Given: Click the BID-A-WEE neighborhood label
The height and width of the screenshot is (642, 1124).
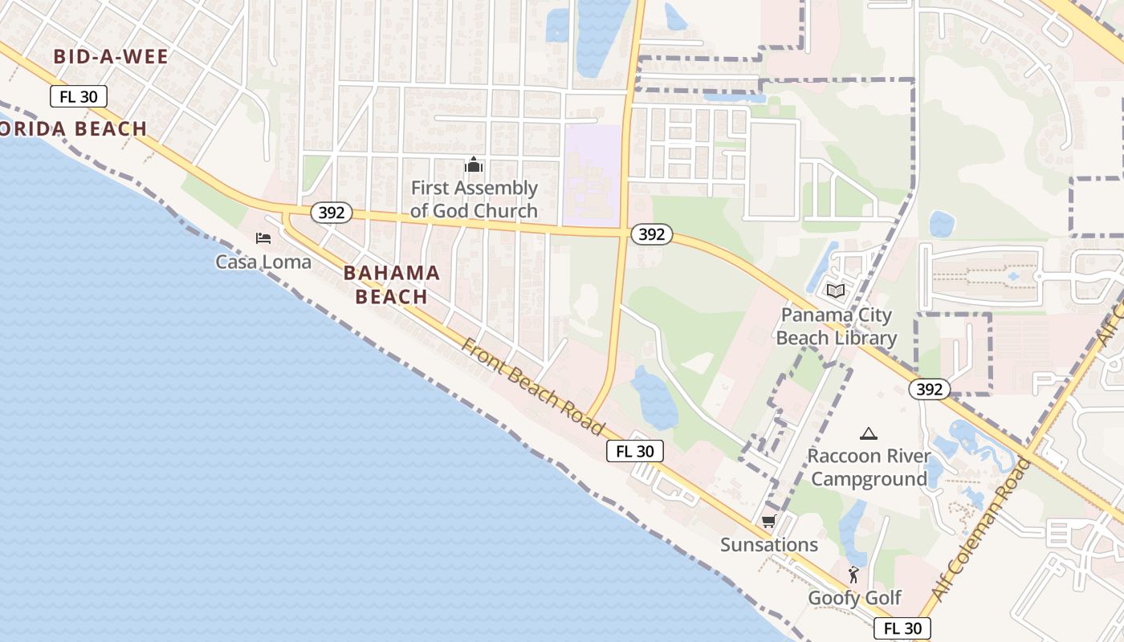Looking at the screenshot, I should coord(111,56).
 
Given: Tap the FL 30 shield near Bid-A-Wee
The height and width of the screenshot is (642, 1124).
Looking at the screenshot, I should coord(79,97).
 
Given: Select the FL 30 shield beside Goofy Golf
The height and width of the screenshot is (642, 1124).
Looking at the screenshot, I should coord(902,628).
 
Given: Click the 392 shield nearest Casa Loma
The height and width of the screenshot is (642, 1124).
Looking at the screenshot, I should coord(332,213).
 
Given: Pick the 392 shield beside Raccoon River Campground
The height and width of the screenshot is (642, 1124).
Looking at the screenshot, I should coord(930,389).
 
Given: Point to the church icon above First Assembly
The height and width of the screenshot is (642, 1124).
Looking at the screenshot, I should coord(474,165).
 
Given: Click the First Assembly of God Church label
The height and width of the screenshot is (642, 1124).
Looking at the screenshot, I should coord(474,199).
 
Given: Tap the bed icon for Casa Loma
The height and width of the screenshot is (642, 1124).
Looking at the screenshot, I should coord(263,238).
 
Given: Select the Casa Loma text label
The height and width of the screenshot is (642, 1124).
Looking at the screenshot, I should coord(263,262).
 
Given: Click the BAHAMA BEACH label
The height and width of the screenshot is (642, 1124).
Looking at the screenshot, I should coord(392,285).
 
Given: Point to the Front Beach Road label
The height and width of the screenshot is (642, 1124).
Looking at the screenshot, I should coord(532,387).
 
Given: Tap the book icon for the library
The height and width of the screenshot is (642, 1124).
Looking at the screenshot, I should coord(836,291).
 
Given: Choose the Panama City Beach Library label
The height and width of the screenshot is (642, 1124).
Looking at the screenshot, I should coord(836,326).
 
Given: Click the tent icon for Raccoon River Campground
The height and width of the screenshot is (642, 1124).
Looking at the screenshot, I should coord(868,434).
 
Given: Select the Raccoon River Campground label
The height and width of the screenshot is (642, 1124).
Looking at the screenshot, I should coord(867,468).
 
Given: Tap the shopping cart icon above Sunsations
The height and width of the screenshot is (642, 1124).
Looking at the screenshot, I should coord(768,522).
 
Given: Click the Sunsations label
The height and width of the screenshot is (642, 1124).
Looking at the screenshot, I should coord(768,545).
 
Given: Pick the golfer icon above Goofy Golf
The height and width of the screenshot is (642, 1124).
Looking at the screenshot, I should coord(853,575).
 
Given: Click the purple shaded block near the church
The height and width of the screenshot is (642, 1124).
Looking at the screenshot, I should coord(593,175).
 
